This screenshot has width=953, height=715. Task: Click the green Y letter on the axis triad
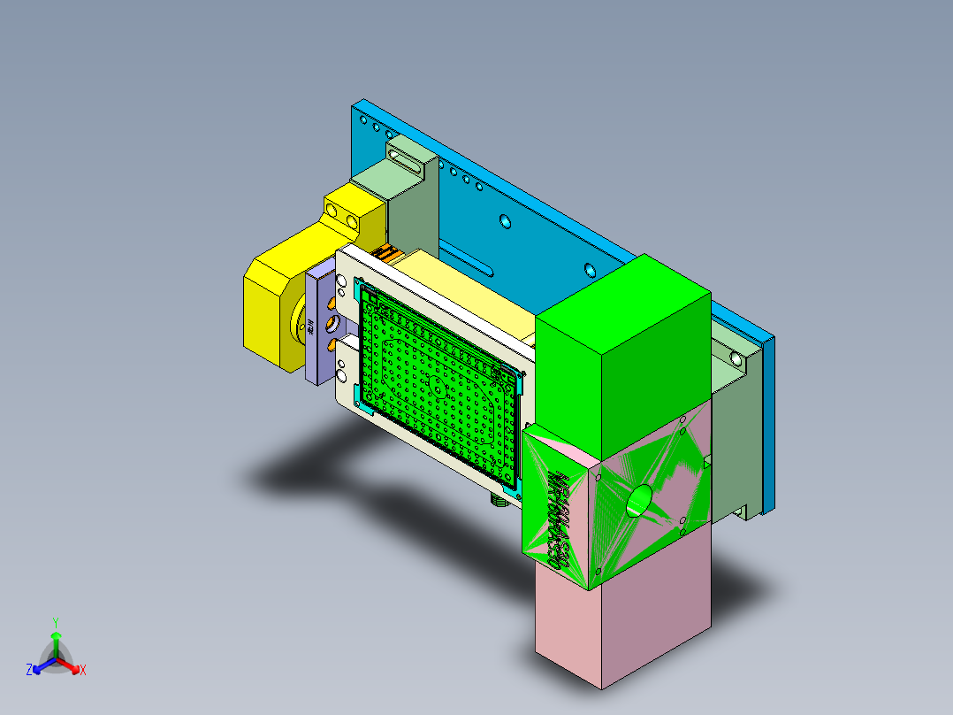coord(55,622)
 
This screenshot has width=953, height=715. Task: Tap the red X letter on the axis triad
coord(83,670)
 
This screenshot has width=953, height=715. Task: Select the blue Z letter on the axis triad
coord(29,670)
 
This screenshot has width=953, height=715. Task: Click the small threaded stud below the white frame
coord(499,501)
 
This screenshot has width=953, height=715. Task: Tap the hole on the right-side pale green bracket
coord(736,359)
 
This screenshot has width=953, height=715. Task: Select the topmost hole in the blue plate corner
coord(362,118)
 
